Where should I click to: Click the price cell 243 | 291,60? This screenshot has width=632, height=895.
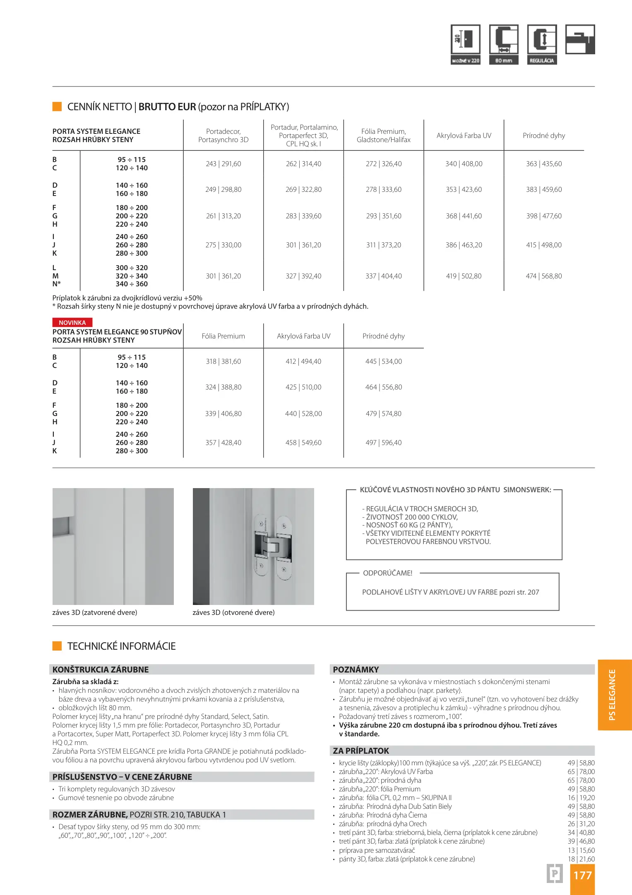[223, 164]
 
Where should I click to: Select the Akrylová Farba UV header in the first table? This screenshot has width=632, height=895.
[464, 135]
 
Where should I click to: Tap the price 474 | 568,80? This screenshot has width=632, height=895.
[543, 276]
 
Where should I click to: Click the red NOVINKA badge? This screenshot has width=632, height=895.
[72, 322]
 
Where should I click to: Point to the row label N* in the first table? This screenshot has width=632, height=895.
[56, 284]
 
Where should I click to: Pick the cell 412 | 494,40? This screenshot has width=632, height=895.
[303, 361]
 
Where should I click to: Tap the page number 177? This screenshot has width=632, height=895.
[582, 875]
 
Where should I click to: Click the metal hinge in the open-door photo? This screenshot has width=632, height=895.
[272, 545]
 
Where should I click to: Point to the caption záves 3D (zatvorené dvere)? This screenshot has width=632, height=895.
[94, 612]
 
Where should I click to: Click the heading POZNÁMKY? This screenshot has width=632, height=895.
[356, 670]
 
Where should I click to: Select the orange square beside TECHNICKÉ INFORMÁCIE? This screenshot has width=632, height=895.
[57, 646]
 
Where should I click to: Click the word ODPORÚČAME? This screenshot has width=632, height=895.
[387, 573]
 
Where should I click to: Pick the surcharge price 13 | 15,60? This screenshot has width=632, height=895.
[581, 850]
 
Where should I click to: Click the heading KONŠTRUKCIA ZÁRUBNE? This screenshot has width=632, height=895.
[100, 670]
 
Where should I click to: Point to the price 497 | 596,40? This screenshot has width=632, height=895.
[383, 443]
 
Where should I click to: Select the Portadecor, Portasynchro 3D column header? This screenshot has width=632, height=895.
[223, 135]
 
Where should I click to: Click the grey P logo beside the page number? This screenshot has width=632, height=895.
[555, 874]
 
